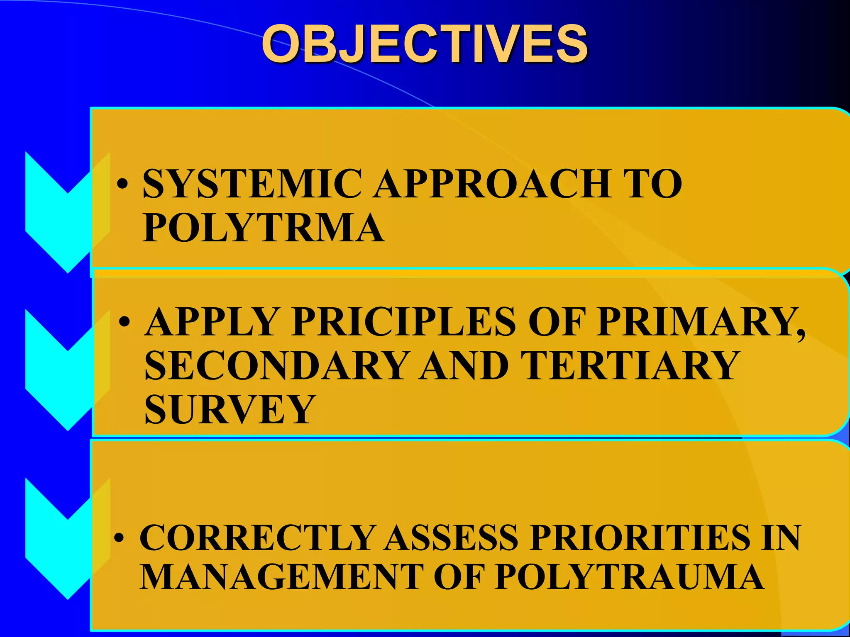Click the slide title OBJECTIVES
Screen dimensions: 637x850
pyautogui.click(x=424, y=44)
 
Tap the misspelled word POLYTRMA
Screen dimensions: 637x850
pyautogui.click(x=263, y=228)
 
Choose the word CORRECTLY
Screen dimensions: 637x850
pyautogui.click(x=257, y=538)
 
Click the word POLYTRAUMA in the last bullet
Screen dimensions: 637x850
pyautogui.click(x=629, y=577)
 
